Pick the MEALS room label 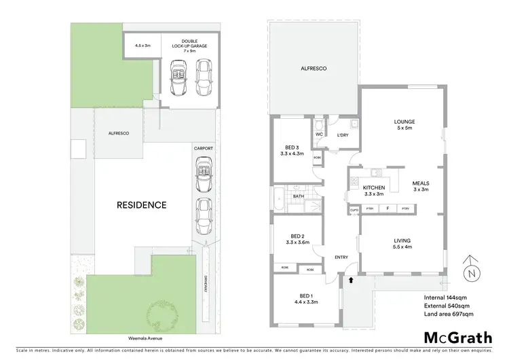click(x=421, y=186)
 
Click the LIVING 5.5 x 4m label click(x=404, y=243)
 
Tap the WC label click(x=318, y=134)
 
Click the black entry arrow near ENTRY click(x=351, y=278)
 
